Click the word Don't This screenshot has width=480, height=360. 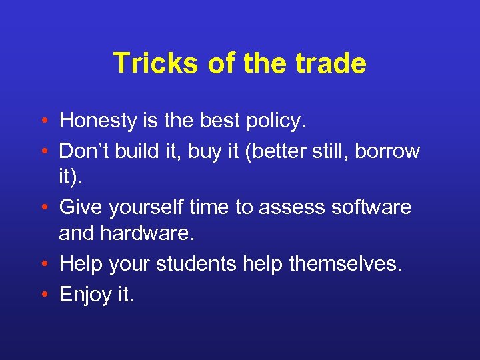(x=84, y=151)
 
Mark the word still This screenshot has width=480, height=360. (x=329, y=151)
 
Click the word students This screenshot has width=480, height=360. (x=195, y=264)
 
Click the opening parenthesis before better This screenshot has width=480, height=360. (x=249, y=152)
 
